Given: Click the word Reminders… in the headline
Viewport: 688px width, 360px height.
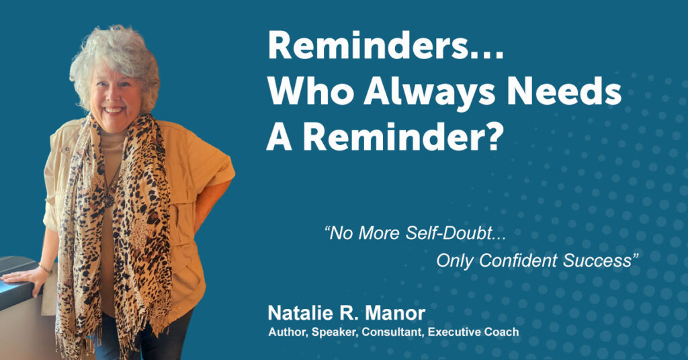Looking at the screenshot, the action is point(386,45).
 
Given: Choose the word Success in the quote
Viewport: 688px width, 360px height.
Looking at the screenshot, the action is point(597,261).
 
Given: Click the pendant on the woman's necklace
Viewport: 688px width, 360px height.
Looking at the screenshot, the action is point(108,200).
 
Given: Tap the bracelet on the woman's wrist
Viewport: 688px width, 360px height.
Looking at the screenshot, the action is point(45,268).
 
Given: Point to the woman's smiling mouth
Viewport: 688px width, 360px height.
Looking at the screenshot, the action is point(113,109).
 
